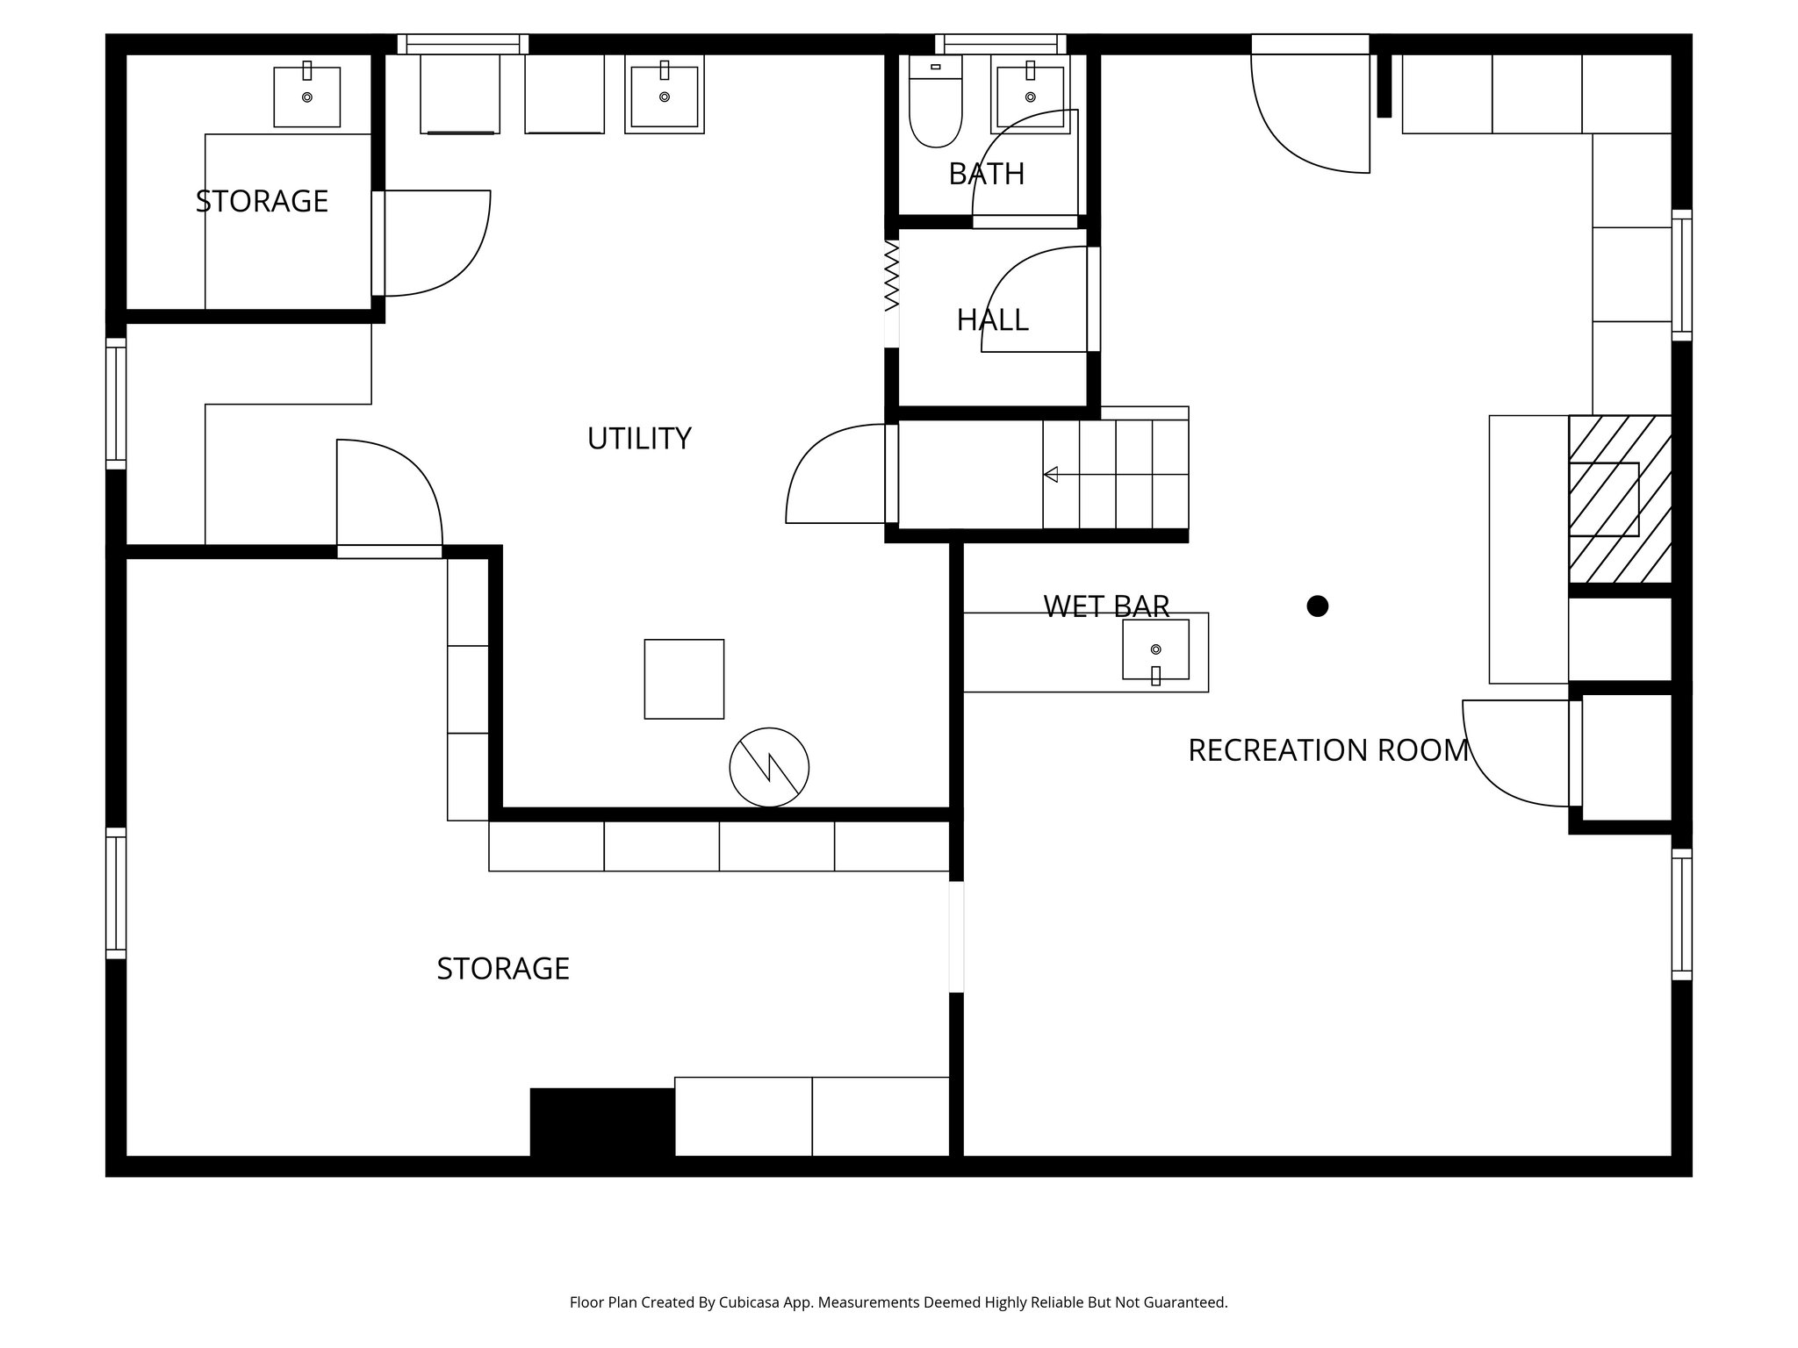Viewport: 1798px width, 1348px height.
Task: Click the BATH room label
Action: coord(986,174)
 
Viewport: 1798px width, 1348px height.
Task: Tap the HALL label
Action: coord(992,319)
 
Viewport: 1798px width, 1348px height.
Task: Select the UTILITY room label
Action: coord(638,438)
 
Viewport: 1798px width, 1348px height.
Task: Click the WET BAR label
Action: coord(1106,606)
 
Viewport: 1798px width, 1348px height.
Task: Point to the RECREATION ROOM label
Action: coord(1327,750)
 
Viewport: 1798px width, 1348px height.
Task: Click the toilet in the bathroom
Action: coord(935,104)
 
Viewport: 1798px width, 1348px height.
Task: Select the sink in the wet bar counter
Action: coord(1155,649)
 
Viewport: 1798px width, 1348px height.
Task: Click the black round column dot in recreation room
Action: coord(1317,606)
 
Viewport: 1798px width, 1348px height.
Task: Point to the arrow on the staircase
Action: coord(1051,475)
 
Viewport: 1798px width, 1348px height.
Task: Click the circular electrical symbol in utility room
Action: coord(769,767)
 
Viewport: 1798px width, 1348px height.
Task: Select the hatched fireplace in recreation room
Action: coord(1619,498)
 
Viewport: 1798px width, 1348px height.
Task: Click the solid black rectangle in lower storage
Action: coord(602,1122)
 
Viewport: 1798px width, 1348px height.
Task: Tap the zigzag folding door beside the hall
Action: coord(892,276)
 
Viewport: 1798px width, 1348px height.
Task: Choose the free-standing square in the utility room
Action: coord(684,678)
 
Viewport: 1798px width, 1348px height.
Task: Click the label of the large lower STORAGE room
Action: coord(503,968)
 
